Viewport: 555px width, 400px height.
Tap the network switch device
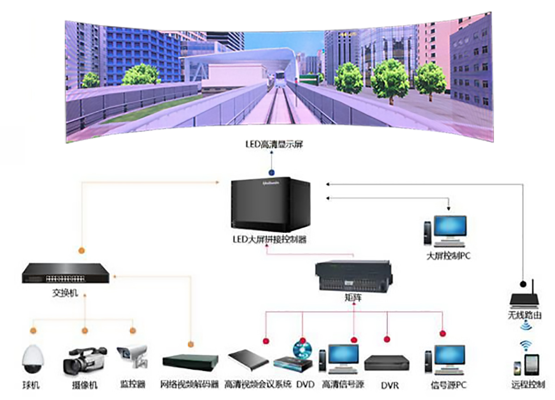click(x=66, y=273)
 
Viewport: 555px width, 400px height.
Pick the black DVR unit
click(x=387, y=363)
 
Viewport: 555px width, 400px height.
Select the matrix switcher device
click(x=354, y=276)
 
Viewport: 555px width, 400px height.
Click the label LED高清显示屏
click(x=274, y=145)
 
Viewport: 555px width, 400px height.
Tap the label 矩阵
click(x=354, y=298)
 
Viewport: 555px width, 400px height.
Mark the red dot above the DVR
click(x=387, y=339)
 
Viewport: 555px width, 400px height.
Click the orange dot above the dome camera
click(x=33, y=331)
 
